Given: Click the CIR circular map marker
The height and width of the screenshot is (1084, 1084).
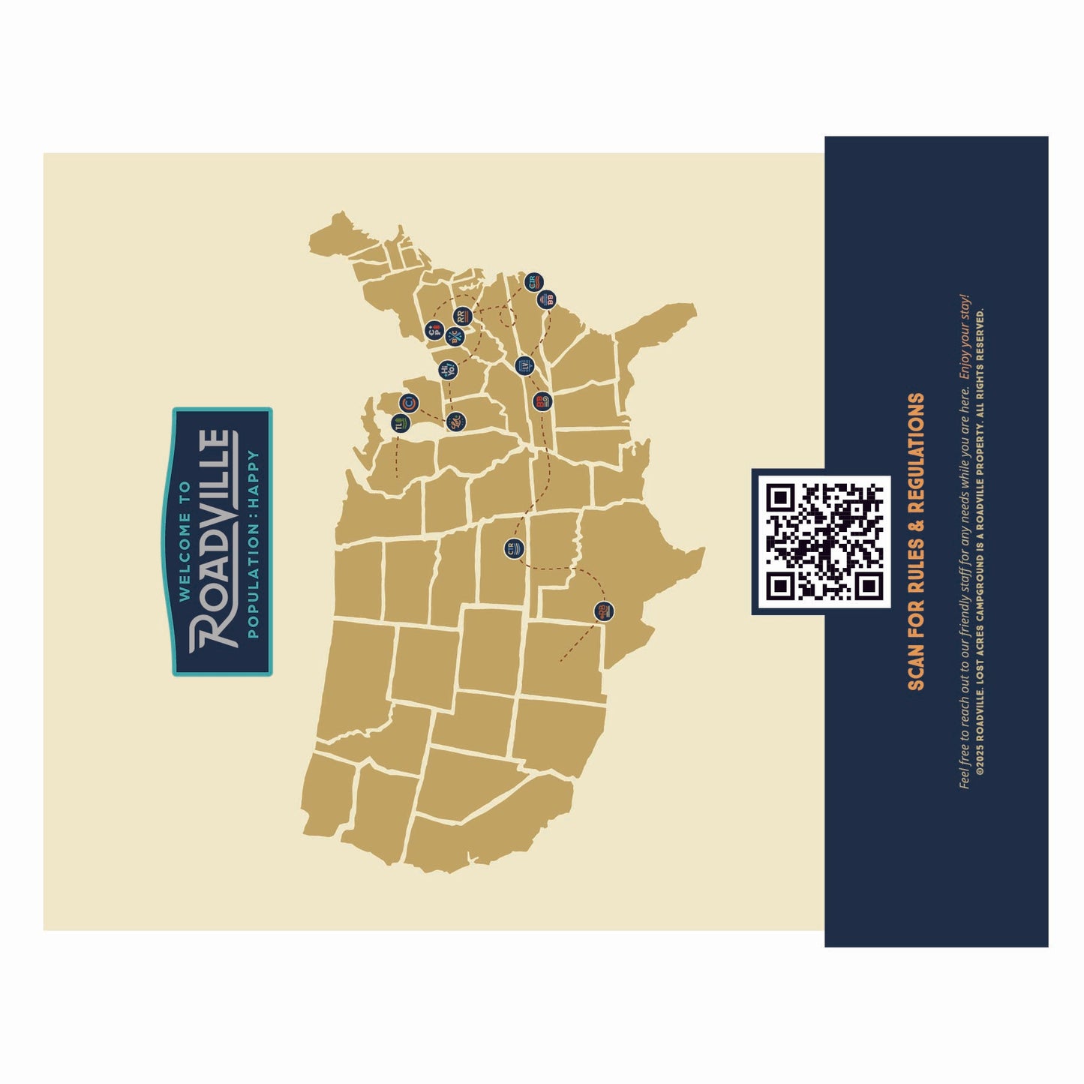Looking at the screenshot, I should click(533, 282).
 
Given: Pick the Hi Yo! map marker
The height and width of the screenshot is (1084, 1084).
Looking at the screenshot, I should click(447, 369).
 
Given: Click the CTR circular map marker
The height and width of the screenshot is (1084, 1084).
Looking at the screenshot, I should click(513, 548).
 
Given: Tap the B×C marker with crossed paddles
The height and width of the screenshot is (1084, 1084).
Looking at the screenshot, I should click(454, 337).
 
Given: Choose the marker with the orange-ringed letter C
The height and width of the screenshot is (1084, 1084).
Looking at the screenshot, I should click(408, 404).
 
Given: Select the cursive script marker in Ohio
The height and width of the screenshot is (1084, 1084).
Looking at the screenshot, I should click(455, 422).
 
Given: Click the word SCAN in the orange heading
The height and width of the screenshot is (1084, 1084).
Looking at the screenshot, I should click(916, 664).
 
